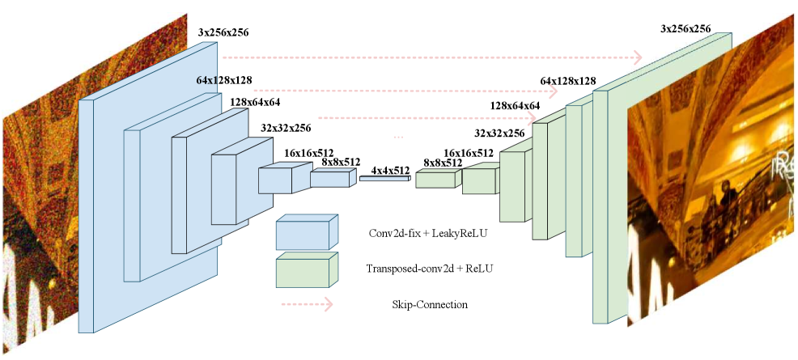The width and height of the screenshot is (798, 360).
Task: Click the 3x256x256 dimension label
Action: point(685,29)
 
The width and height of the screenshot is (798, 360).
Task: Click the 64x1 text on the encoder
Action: point(207,81)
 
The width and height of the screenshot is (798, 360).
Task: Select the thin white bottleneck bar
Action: point(384,178)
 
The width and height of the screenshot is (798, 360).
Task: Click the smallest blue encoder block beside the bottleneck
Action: point(331,178)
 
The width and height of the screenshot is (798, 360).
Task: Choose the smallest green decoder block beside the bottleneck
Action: point(436,179)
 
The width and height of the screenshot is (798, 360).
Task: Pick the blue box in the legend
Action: point(305,234)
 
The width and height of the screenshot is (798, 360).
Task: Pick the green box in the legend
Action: point(305,271)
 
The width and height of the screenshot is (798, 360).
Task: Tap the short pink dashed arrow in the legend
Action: point(307,304)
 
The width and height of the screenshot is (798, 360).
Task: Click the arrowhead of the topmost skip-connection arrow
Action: point(637,57)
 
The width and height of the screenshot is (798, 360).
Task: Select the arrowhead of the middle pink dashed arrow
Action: point(554,91)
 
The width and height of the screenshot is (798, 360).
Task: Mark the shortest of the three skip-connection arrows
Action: point(425,118)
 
